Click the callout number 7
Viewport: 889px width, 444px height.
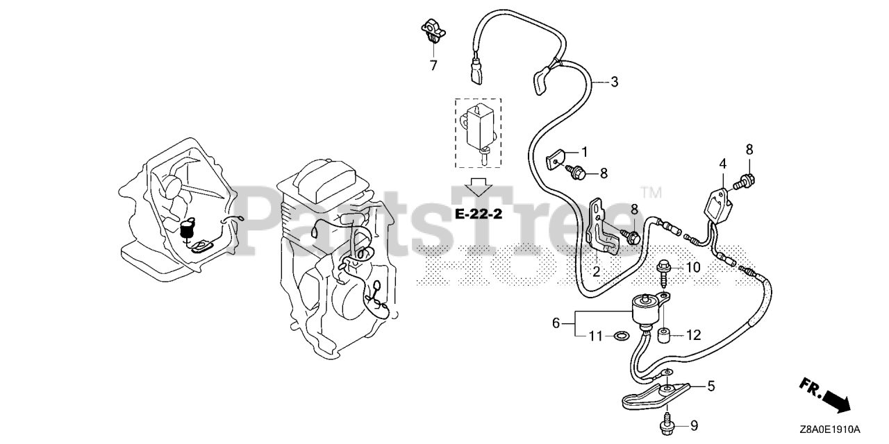coord(433,66)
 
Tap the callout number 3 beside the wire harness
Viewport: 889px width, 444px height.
coord(614,82)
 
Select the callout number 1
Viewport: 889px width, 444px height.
coord(584,151)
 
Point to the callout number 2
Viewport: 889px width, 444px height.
coord(596,271)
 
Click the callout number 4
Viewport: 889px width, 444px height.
coord(722,164)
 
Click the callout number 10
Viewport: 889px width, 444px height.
coord(694,267)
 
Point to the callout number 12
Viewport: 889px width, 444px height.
coord(694,335)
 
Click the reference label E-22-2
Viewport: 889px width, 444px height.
coord(478,214)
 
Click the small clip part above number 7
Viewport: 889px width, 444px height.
coord(432,32)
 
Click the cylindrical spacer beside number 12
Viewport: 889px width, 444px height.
coord(664,336)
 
